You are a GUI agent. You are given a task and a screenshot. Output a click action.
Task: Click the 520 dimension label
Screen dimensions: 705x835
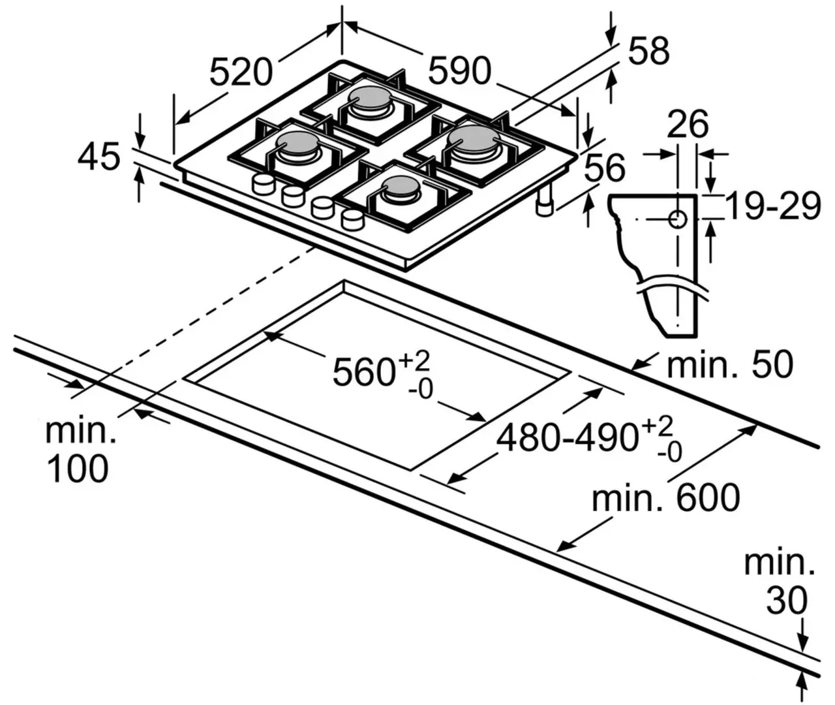click(x=241, y=72)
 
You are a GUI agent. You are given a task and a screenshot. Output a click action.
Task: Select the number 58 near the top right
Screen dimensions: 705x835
click(x=648, y=51)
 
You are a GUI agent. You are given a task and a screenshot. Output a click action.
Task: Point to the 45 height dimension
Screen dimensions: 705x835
click(x=99, y=157)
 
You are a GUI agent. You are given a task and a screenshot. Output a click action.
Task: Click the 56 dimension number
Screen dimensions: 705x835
click(x=604, y=168)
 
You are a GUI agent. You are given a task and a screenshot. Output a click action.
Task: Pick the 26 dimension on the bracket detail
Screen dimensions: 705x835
click(x=688, y=124)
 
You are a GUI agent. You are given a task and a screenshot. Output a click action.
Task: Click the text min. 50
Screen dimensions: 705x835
click(x=729, y=364)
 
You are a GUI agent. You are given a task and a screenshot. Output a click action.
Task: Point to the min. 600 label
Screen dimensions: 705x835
click(x=665, y=497)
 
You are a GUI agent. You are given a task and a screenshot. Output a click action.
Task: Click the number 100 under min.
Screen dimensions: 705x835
click(x=78, y=469)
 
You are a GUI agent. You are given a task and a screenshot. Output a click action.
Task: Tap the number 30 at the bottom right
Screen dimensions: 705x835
click(x=787, y=601)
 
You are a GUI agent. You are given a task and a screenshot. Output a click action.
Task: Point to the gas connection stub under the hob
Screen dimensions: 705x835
click(x=543, y=205)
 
